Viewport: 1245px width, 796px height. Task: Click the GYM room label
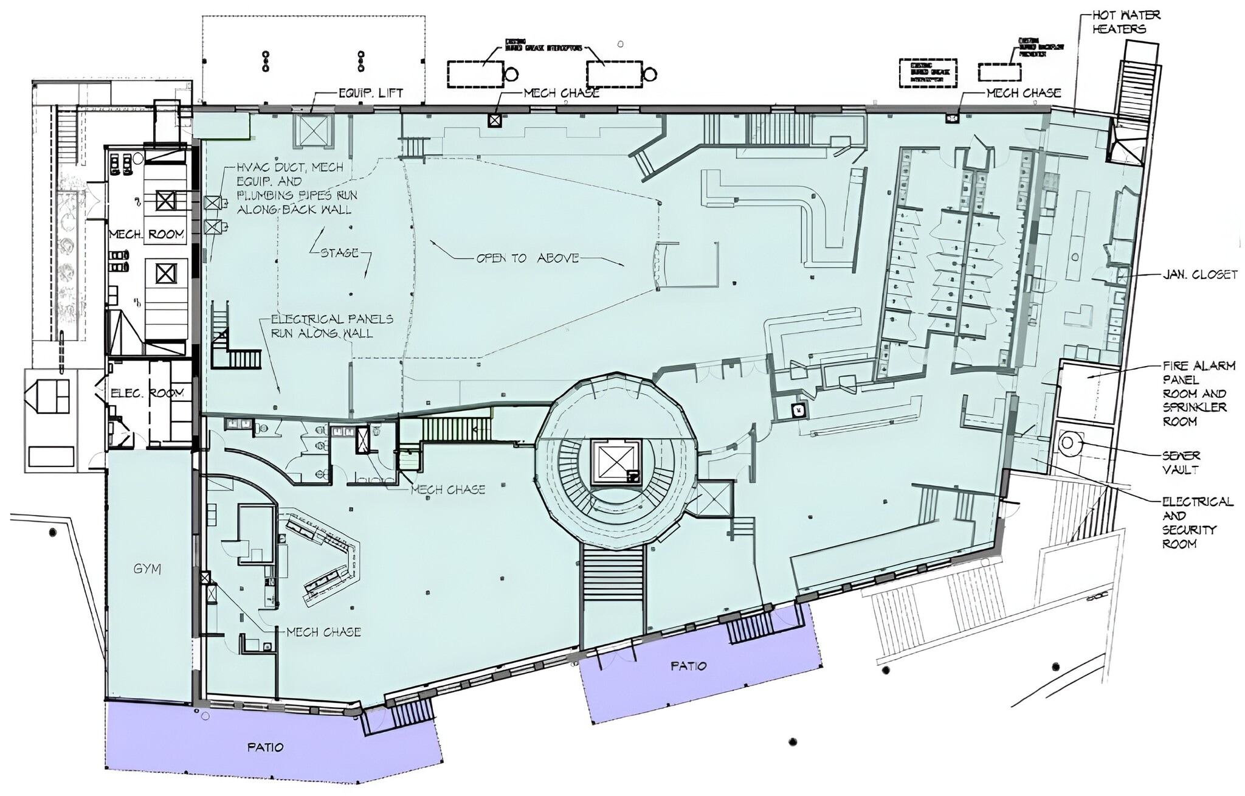(x=147, y=569)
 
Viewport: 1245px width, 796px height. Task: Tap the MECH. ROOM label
(x=147, y=234)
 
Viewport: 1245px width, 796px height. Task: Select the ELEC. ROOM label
(x=147, y=393)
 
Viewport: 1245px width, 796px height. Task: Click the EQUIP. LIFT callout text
(x=370, y=94)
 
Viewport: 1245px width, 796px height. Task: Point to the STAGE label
(x=340, y=252)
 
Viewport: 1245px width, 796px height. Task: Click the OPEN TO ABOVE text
(x=527, y=258)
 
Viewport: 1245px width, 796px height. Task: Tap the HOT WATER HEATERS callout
(x=1126, y=21)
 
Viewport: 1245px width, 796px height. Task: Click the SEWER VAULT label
(x=1181, y=462)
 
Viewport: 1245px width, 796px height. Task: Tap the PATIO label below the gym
(x=266, y=747)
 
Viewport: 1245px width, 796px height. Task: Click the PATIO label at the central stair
(x=688, y=666)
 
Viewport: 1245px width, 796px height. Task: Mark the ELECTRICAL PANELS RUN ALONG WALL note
(x=332, y=326)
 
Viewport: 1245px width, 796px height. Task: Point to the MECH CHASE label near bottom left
(x=323, y=632)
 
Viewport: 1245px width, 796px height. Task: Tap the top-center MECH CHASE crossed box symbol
(x=495, y=120)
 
